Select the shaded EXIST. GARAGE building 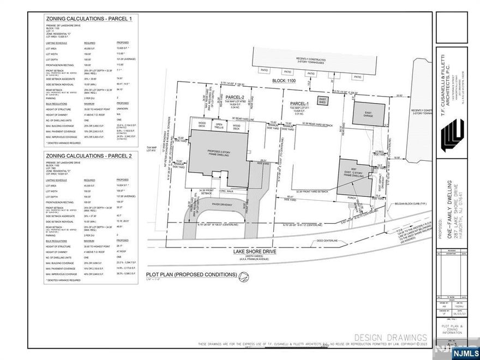click(x=365, y=115)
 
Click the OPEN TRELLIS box click(x=220, y=126)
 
